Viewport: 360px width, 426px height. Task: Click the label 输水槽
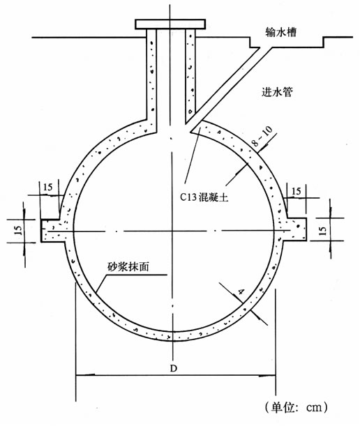tap(281, 32)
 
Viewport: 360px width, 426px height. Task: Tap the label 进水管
tap(277, 92)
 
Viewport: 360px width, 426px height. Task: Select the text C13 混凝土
tap(204, 197)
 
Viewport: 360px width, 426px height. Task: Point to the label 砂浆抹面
tap(128, 266)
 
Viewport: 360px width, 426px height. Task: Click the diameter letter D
tap(174, 368)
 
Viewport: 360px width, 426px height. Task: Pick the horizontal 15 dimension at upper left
tap(47, 187)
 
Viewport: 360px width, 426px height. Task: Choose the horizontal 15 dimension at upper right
tap(297, 191)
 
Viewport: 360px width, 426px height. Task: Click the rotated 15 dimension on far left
tap(18, 230)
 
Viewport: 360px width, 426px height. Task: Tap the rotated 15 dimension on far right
tap(323, 230)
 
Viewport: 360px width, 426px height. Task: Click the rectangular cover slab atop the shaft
tap(170, 24)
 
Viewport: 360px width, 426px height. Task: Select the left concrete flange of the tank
tap(53, 230)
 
